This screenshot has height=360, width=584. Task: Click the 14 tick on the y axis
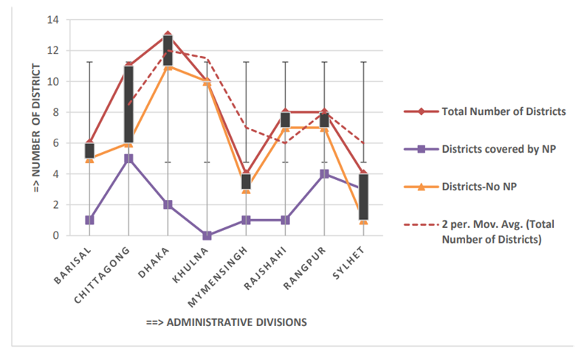tap(54, 20)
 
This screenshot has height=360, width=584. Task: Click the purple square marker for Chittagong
tap(128, 159)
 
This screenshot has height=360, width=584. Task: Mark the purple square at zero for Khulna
tap(207, 236)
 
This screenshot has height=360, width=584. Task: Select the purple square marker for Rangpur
tap(326, 174)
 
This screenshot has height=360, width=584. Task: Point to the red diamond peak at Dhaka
tap(168, 35)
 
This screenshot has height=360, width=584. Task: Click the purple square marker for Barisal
tap(89, 220)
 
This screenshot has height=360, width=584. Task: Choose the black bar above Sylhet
tap(365, 196)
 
